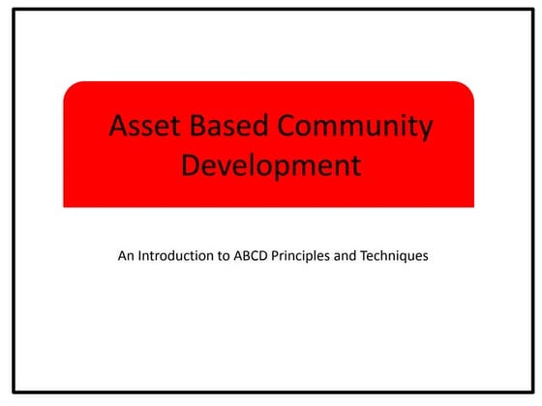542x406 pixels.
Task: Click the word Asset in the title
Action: click(140, 127)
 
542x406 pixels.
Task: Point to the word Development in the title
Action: click(270, 165)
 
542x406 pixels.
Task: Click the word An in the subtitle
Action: click(126, 257)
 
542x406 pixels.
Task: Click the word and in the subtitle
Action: click(358, 257)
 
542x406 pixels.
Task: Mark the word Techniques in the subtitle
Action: click(401, 257)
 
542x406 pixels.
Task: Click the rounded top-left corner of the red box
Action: click(68, 86)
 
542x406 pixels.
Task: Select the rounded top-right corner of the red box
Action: click(469, 86)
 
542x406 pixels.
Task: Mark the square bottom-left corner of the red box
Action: click(64, 206)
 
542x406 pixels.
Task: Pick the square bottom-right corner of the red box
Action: click(473, 206)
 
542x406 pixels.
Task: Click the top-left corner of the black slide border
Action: click(14, 11)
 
